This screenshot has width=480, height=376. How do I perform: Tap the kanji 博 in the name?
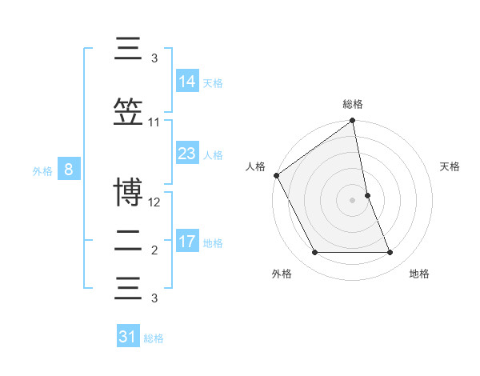pyautogui.click(x=128, y=194)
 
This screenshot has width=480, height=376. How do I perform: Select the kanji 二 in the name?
pyautogui.click(x=128, y=242)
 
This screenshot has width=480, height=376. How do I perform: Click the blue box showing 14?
pyautogui.click(x=187, y=81)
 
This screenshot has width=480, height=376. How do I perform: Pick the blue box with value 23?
pyautogui.click(x=187, y=154)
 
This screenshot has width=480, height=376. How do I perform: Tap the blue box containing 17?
pyautogui.click(x=187, y=242)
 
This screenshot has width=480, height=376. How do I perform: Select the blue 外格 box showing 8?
pyautogui.click(x=70, y=169)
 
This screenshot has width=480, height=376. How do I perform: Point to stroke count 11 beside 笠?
pyautogui.click(x=154, y=122)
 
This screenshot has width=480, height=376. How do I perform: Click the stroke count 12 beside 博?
pyautogui.click(x=154, y=202)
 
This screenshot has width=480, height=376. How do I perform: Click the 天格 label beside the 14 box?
pyautogui.click(x=213, y=82)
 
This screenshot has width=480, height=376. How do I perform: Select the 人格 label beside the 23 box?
pyautogui.click(x=213, y=155)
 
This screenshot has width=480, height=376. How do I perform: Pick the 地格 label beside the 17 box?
pyautogui.click(x=213, y=243)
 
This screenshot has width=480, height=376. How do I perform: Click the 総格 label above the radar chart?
pyautogui.click(x=353, y=105)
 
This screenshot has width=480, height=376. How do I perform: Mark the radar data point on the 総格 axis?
pyautogui.click(x=353, y=122)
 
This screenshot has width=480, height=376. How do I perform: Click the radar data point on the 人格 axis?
pyautogui.click(x=276, y=175)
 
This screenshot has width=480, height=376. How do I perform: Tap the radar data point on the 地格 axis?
pyautogui.click(x=390, y=253)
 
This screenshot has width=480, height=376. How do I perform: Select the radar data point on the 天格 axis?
pyautogui.click(x=367, y=195)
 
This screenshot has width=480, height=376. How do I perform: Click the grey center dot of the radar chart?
pyautogui.click(x=353, y=200)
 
